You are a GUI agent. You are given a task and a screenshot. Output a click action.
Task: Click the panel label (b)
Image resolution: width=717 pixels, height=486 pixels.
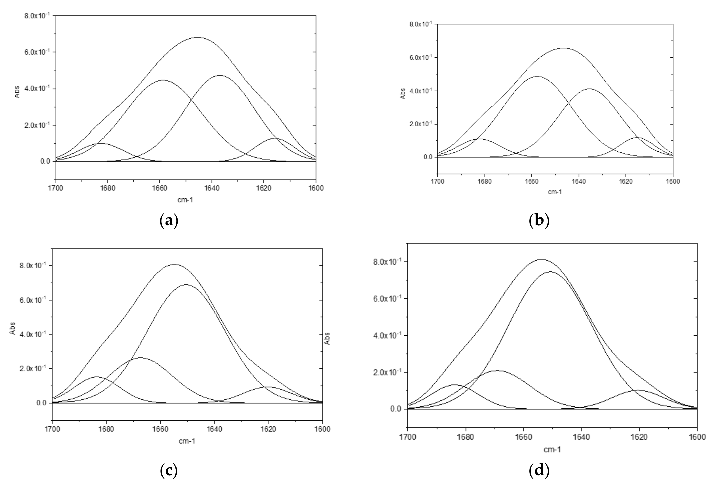coord(539,221)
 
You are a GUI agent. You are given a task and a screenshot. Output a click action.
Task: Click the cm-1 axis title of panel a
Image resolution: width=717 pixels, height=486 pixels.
coord(186,200)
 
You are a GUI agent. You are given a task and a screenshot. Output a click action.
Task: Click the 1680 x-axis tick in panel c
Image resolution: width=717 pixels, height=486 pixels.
coord(106,429)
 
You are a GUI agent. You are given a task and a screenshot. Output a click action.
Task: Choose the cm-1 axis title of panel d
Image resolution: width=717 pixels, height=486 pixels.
coord(552,450)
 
